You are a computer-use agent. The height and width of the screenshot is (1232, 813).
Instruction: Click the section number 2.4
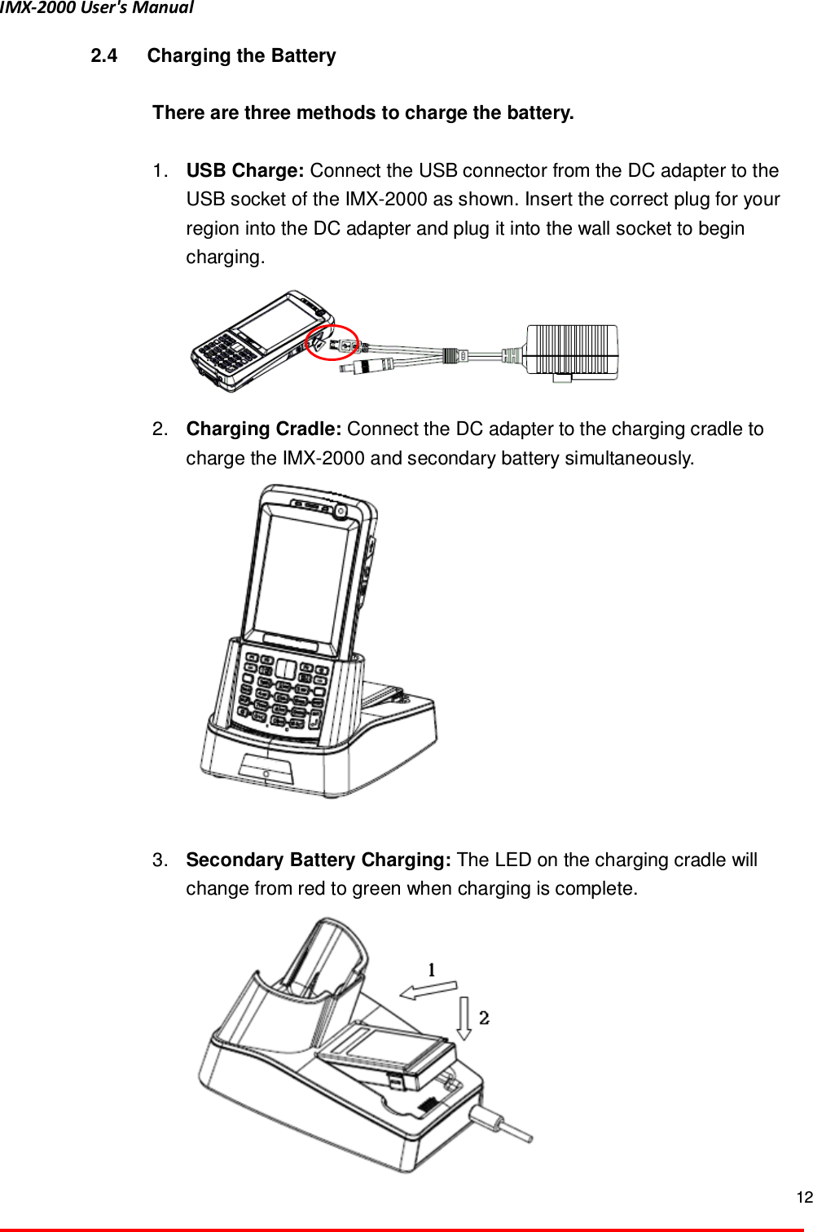[x=103, y=56]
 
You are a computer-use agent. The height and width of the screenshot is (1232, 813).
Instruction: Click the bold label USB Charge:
[x=245, y=171]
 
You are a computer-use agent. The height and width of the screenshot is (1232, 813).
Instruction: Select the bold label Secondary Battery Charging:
[x=318, y=860]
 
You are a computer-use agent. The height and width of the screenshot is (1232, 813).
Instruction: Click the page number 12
[x=803, y=1197]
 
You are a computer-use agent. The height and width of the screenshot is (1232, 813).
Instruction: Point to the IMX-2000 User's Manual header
[x=97, y=8]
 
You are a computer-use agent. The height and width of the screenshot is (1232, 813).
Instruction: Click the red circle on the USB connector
[x=332, y=342]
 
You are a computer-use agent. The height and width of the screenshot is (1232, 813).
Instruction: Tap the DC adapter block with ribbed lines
[x=571, y=350]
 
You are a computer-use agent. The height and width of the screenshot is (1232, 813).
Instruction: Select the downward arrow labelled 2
[x=464, y=1018]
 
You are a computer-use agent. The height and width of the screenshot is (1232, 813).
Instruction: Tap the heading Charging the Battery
[x=241, y=56]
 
